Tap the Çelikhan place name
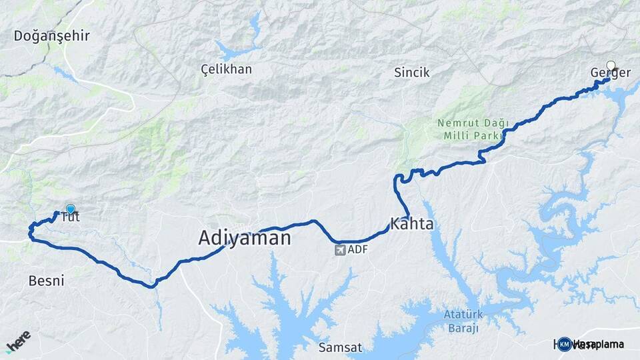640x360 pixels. point(227,69)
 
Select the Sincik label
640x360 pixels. point(411,73)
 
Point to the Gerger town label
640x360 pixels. point(610,73)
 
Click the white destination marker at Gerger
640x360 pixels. point(610,66)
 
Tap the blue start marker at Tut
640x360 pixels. point(70,209)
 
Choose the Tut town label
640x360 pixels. point(70,217)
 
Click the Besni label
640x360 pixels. point(47,281)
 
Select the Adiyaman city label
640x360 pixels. point(245,238)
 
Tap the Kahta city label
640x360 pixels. point(412,224)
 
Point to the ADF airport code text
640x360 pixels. point(357,250)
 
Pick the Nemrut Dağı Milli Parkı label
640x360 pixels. point(473,129)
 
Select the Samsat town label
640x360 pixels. point(340,347)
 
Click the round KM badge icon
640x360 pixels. point(564,344)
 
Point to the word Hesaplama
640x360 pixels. point(598,344)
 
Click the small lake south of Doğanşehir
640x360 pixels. point(64,73)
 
